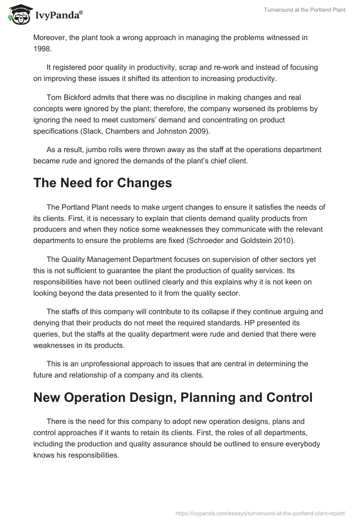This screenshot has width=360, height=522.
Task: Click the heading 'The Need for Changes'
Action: [103, 183]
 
